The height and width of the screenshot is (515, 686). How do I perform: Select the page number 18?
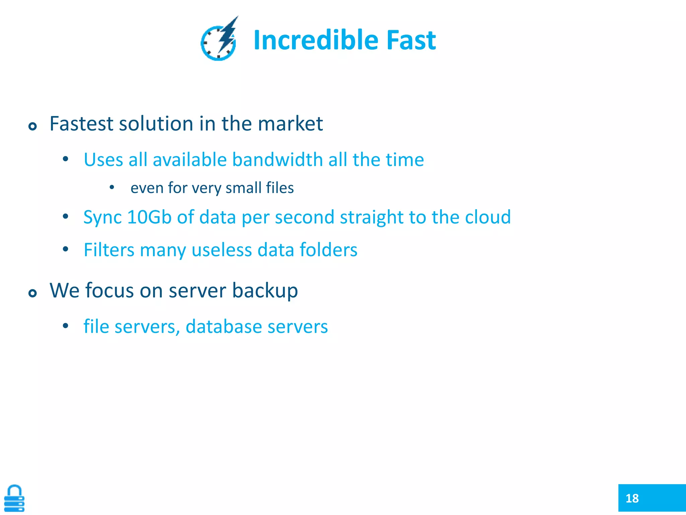click(x=632, y=498)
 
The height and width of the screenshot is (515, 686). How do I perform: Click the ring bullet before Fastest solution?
click(x=32, y=126)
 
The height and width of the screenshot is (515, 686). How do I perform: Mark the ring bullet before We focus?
click(x=32, y=293)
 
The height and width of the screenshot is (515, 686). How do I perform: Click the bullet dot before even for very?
click(x=112, y=187)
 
